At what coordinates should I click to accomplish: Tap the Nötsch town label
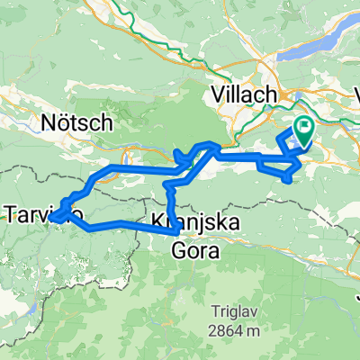tap(76, 121)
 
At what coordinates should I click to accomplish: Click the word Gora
tap(193, 249)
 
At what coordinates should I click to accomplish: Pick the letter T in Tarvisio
tap(12, 214)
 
